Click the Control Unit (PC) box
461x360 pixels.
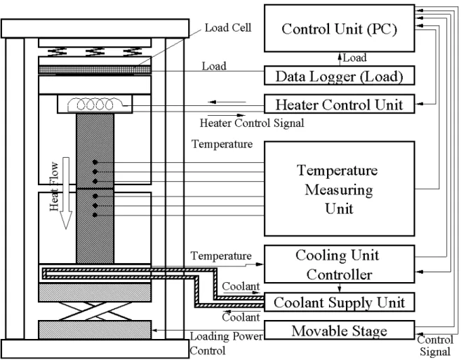click(x=340, y=28)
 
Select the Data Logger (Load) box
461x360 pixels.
click(x=340, y=76)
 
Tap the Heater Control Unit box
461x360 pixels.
click(x=340, y=104)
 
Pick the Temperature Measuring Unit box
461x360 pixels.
click(x=340, y=189)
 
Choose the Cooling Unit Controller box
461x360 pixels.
click(x=340, y=264)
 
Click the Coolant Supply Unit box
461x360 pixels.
click(x=340, y=302)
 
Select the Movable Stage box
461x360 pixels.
click(x=340, y=330)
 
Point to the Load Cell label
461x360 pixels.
click(x=228, y=27)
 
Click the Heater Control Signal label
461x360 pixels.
click(x=252, y=123)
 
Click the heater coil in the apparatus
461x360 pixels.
click(x=95, y=105)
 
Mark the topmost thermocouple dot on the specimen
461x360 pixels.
click(x=95, y=162)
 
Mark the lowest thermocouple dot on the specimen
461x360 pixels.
click(x=95, y=215)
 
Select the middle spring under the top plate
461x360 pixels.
click(x=95, y=51)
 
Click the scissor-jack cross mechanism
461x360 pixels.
click(x=95, y=311)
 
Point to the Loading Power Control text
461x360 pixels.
click(x=226, y=343)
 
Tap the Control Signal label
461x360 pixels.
click(x=435, y=346)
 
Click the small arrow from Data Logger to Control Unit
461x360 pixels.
click(x=340, y=59)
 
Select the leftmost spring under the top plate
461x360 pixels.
click(x=57, y=51)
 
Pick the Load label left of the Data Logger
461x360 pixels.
click(x=214, y=66)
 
